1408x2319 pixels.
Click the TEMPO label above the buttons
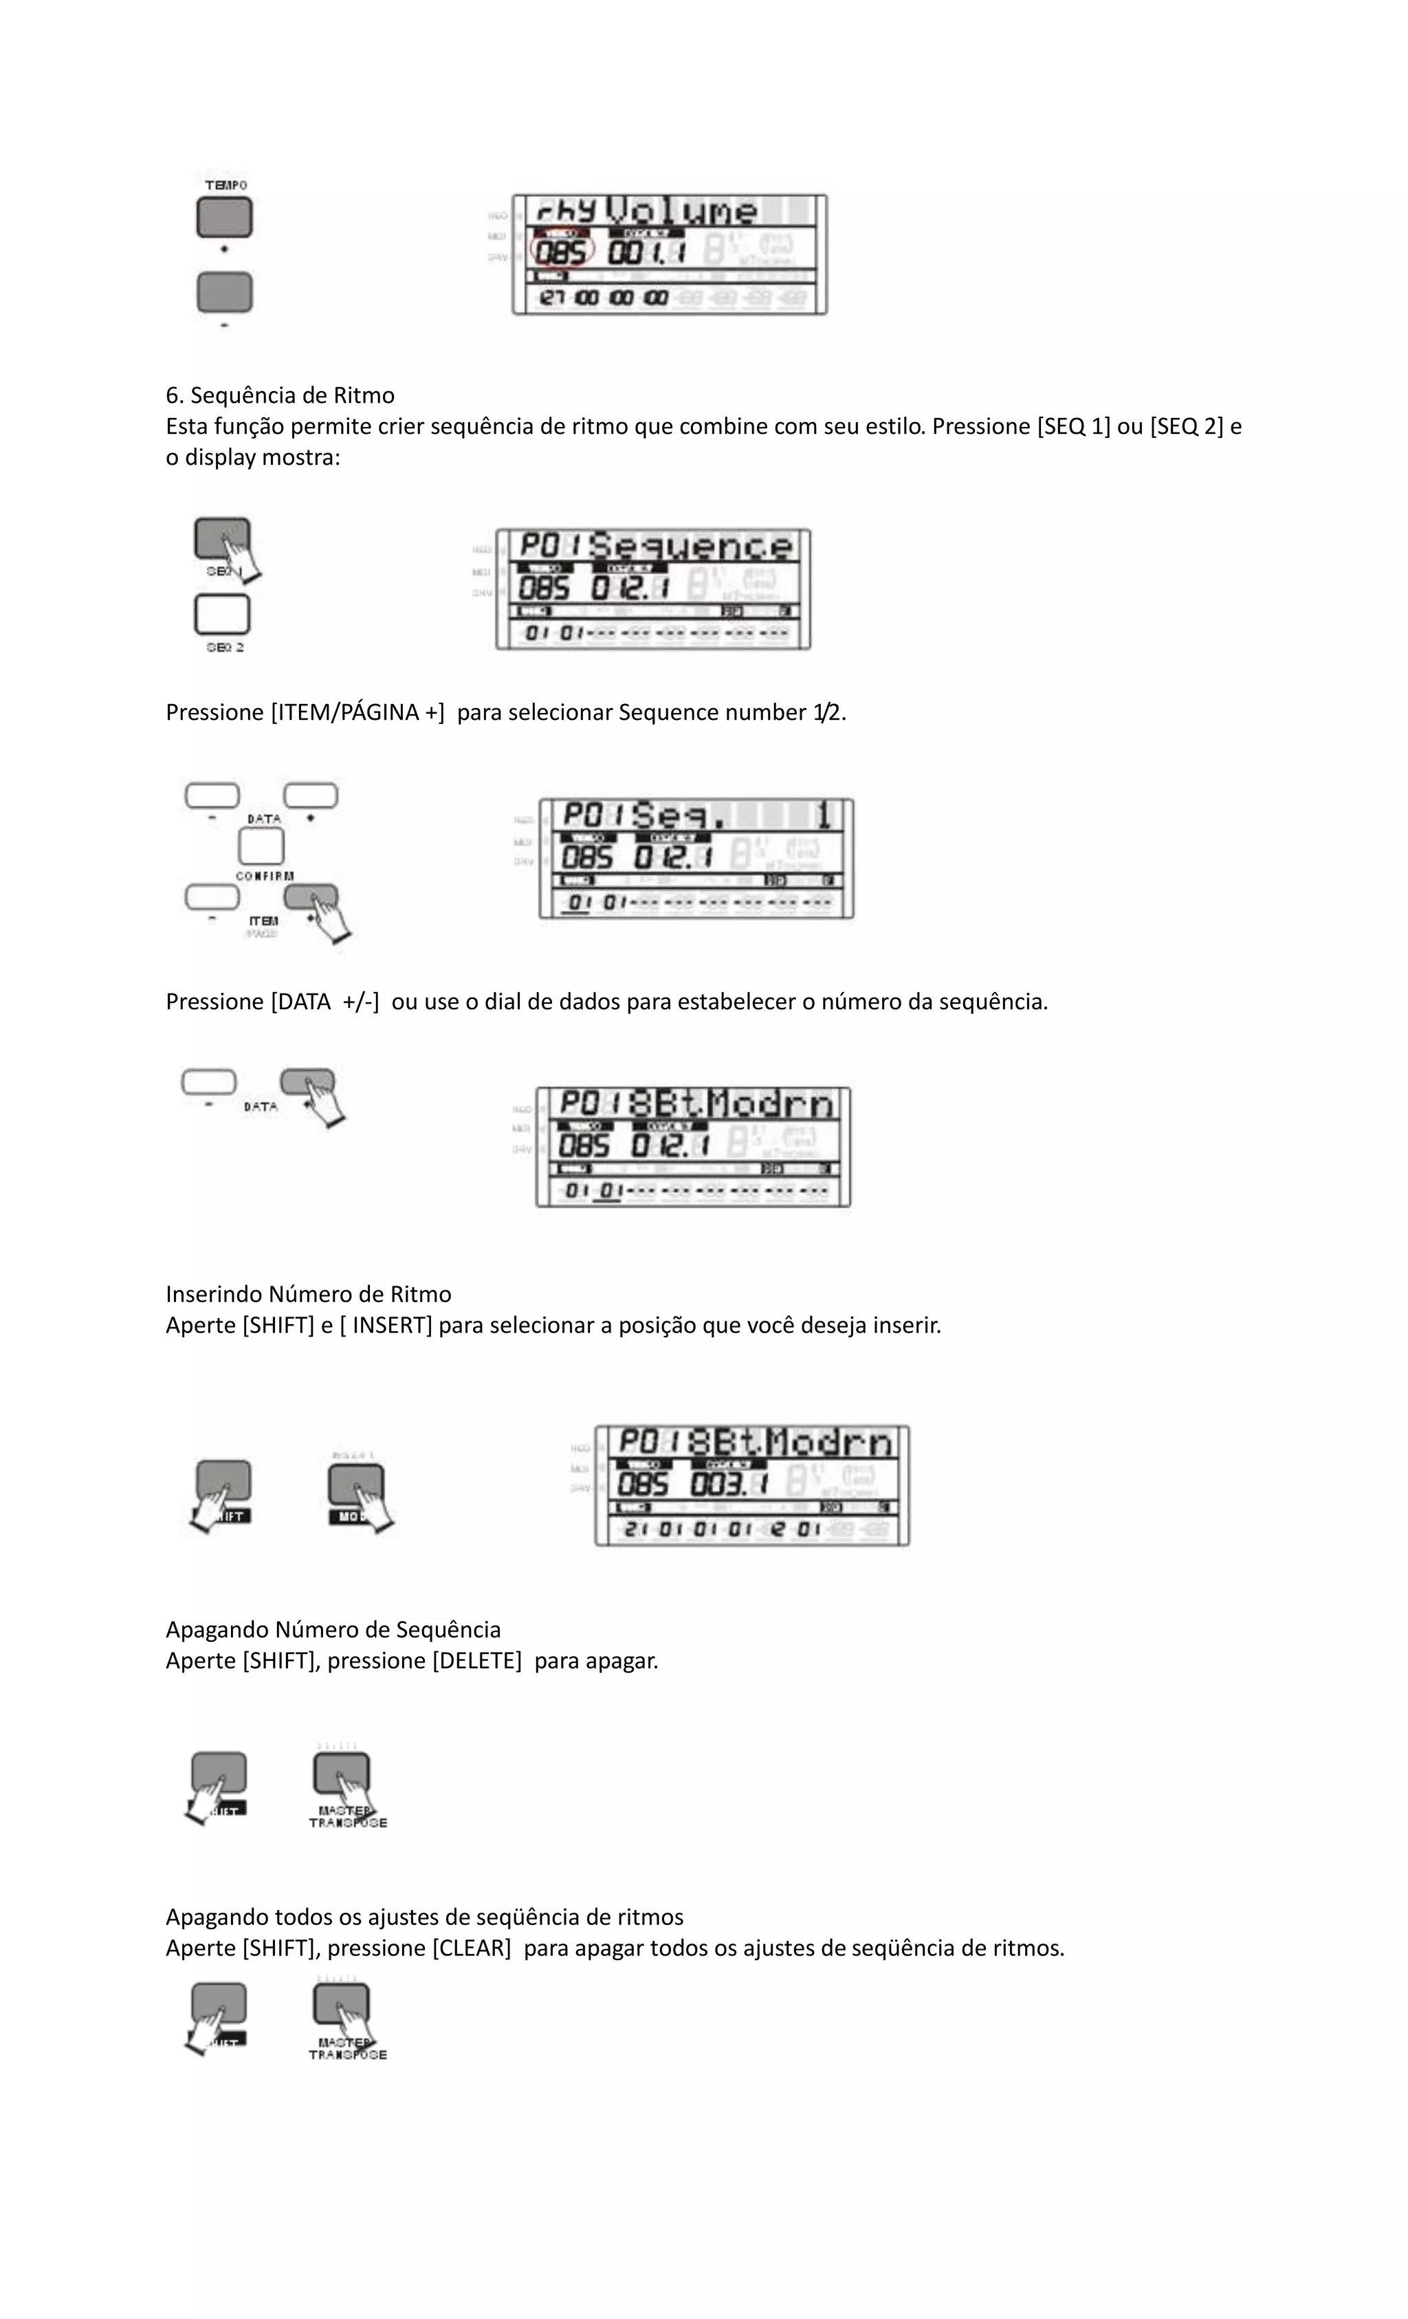226,186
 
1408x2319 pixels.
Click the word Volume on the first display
681,211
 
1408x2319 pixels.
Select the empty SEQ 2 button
222,615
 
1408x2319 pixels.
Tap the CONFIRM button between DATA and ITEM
262,847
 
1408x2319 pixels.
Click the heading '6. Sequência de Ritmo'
280,395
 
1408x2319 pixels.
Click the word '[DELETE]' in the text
476,1660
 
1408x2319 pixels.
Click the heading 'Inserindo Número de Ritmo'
308,1294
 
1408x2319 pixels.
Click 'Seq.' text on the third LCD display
675,814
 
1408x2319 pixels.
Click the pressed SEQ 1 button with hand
222,539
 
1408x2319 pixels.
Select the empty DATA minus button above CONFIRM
212,796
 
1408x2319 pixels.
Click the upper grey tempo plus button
224,217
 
